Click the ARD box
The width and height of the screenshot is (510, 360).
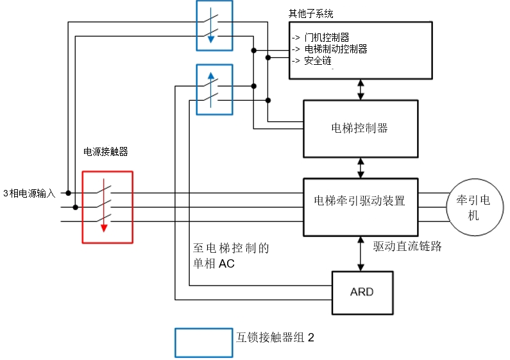[x=362, y=292]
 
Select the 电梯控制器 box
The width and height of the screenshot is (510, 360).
[x=360, y=128]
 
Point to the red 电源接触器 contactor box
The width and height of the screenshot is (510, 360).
[x=107, y=207]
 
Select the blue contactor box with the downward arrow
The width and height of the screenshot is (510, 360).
[x=214, y=25]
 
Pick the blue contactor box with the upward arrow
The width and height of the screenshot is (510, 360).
[x=214, y=89]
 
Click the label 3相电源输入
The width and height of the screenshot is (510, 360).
[x=30, y=193]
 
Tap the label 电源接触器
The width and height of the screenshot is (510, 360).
[x=106, y=152]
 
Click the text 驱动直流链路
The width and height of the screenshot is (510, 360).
[x=407, y=246]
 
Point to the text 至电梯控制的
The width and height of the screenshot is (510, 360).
[x=230, y=249]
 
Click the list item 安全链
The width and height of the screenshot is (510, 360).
[x=317, y=60]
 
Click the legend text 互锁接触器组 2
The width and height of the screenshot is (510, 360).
[x=275, y=337]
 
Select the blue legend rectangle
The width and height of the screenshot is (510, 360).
[x=203, y=343]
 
